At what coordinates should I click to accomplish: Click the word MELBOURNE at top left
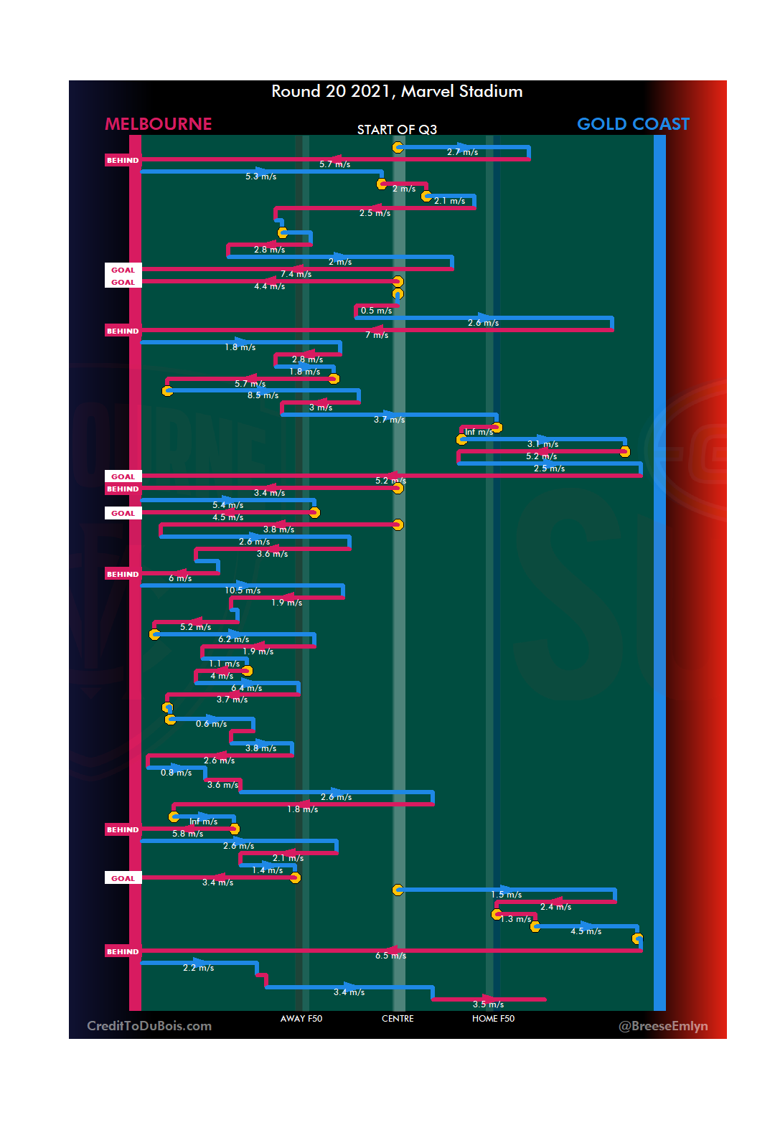pos(159,124)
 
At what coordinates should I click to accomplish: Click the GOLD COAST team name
pos(633,124)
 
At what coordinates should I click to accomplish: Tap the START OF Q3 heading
pos(397,129)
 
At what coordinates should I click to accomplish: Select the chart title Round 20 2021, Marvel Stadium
pos(397,91)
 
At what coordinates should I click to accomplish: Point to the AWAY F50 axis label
pos(301,1019)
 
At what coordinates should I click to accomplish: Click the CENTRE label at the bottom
pos(398,1019)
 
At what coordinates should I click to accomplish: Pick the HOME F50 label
pos(493,1019)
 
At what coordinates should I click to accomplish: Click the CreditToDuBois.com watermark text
pos(149,1026)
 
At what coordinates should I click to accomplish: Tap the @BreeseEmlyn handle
pos(663,1026)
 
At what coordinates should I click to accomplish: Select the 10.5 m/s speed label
pos(243,590)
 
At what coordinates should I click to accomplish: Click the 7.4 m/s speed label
pos(296,274)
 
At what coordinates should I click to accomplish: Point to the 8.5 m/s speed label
pos(263,395)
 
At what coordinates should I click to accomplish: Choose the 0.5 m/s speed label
pos(376,311)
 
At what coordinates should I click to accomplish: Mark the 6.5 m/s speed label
pos(390,956)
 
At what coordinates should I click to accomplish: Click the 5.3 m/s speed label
pos(260,176)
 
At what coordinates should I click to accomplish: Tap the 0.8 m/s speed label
pos(176,773)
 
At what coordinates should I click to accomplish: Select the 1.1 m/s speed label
pos(224,664)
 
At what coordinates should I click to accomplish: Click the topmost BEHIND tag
pos(123,161)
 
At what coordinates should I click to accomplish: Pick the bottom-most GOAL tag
pos(123,878)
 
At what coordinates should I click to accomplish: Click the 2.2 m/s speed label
pos(198,968)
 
